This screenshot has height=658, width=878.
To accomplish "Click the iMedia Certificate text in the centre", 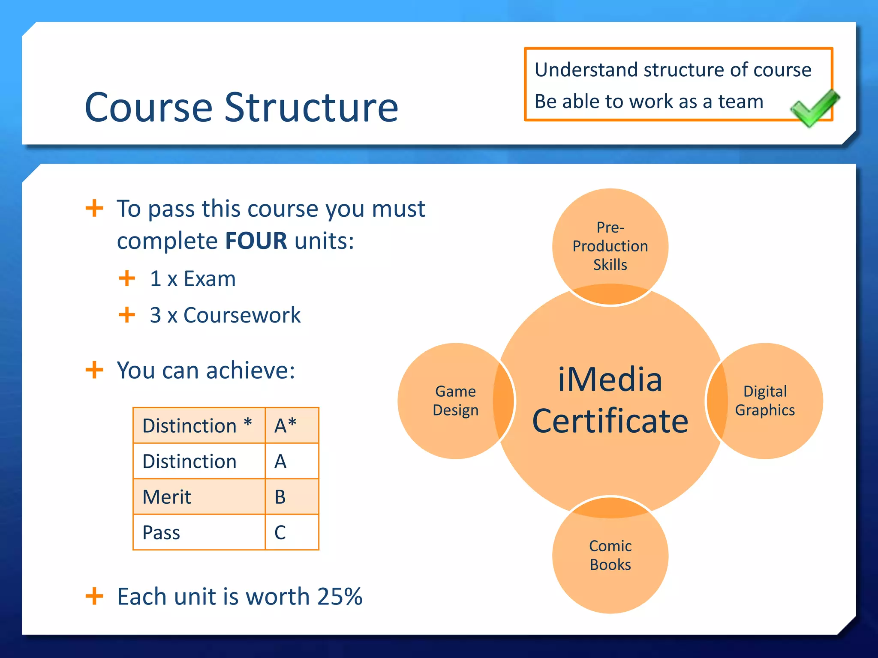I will (610, 401).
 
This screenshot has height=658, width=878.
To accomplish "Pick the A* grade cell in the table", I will (292, 425).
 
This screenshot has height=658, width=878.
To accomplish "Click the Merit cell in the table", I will (199, 497).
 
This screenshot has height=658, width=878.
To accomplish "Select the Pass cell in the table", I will (199, 532).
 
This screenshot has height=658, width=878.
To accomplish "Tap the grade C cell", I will (292, 532).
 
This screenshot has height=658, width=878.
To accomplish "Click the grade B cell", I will (292, 497).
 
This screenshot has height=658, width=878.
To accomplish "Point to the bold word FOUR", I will (256, 241).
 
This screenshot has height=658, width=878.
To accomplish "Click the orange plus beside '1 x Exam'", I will (127, 278).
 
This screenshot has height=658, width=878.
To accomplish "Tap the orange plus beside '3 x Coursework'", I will (127, 315).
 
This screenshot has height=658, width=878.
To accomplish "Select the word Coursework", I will (242, 315).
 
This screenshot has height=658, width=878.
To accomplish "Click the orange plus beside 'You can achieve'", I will (94, 370).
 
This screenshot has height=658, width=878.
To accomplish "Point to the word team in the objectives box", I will (740, 102).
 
